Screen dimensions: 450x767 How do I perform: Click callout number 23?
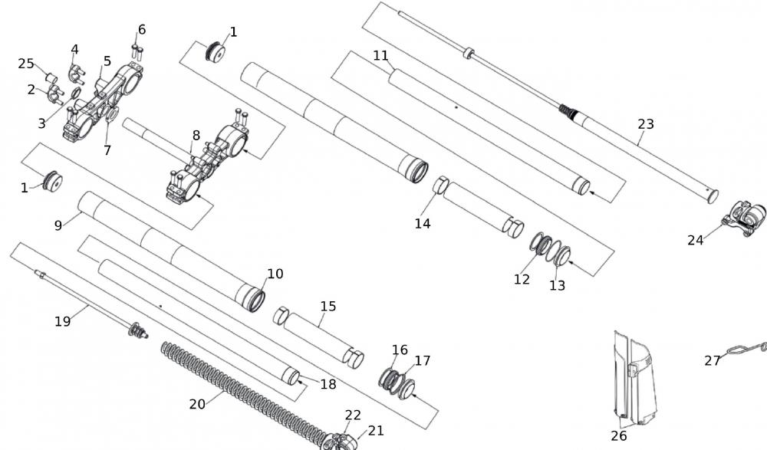point(646,124)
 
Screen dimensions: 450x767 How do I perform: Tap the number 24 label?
point(695,240)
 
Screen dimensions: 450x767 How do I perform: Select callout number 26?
point(619,435)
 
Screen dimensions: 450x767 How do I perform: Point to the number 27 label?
point(713,360)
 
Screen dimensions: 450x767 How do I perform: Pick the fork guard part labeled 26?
point(635,376)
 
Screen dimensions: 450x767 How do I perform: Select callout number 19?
point(63,321)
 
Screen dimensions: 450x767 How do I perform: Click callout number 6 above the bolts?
point(142,30)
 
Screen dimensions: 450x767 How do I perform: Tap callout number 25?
point(26,64)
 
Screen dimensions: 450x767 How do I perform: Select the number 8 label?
point(196,136)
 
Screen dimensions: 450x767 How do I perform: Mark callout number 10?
point(275,274)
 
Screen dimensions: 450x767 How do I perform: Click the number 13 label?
point(557,285)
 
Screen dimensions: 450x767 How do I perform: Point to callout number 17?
point(423,360)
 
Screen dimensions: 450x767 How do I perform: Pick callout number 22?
point(352,415)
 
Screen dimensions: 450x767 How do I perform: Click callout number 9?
point(58,225)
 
